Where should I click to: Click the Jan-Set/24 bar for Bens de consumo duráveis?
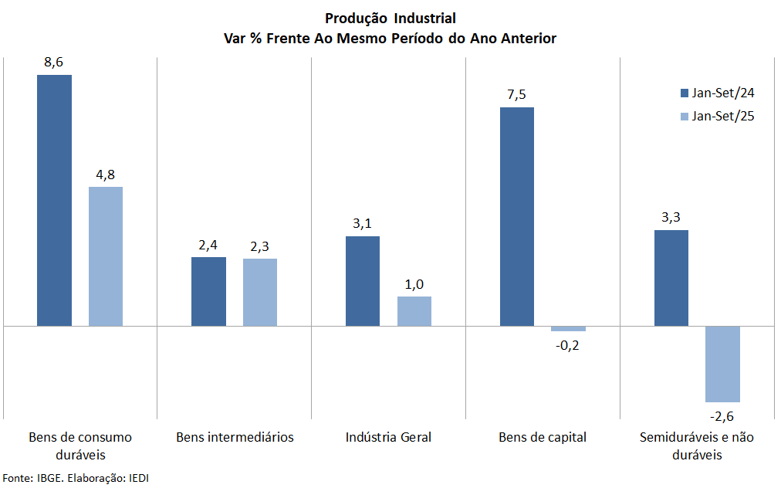click(54, 200)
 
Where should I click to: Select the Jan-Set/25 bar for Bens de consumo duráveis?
click(106, 256)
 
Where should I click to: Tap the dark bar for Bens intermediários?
click(208, 291)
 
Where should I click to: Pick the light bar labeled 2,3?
click(260, 292)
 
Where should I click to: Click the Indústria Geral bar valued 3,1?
click(363, 281)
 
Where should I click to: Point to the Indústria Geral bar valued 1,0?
click(414, 311)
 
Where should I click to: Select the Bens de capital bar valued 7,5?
click(517, 216)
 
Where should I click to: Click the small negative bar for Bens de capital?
click(568, 329)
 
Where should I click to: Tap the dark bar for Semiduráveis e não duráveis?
click(671, 278)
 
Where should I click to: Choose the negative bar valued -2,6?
click(722, 364)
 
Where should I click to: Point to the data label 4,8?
click(106, 175)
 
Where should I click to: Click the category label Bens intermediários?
click(235, 437)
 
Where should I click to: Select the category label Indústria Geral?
click(388, 437)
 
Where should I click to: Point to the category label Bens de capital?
click(543, 437)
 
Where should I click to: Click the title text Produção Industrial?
click(390, 19)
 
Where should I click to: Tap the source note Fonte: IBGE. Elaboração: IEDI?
click(76, 478)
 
